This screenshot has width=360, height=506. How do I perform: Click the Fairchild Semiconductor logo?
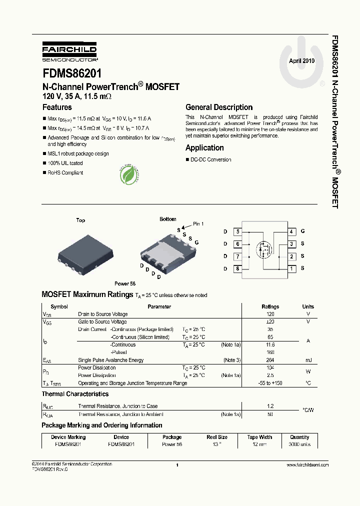pyautogui.click(x=69, y=51)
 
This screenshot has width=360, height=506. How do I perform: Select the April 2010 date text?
pyautogui.click(x=301, y=60)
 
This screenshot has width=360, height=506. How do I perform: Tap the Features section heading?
pyautogui.click(x=57, y=107)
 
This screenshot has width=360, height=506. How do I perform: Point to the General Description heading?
pyautogui.click(x=219, y=107)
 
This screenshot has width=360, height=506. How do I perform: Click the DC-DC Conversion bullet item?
pyautogui.click(x=210, y=159)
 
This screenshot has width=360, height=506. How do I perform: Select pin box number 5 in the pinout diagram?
pyautogui.click(x=237, y=231)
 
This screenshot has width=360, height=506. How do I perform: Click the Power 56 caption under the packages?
pyautogui.click(x=125, y=283)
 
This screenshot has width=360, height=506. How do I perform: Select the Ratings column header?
pyautogui.click(x=270, y=306)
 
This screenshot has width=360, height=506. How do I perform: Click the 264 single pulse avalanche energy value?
pyautogui.click(x=270, y=360)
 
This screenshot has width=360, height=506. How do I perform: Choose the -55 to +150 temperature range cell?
pyautogui.click(x=270, y=383)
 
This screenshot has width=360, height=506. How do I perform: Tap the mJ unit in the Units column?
pyautogui.click(x=308, y=360)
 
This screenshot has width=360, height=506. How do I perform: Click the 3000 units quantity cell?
pyautogui.click(x=299, y=444)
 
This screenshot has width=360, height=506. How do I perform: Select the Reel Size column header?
pyautogui.click(x=217, y=437)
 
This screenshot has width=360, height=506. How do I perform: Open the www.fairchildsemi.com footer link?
pyautogui.click(x=307, y=464)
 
